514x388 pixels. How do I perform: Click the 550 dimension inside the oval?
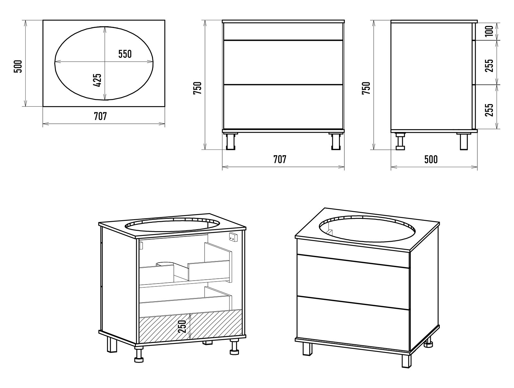pos(125,54)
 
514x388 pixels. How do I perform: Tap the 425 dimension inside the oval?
pos(98,80)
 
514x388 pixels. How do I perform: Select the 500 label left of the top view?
pos(18,66)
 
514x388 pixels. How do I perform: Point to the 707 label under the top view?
pos(101,116)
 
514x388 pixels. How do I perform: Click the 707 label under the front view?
pos(280,159)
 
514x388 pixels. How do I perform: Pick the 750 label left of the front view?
pos(197,88)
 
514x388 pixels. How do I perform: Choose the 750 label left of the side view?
pos(366,88)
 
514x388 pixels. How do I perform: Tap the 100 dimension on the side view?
pos(489,31)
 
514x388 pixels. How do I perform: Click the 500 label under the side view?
pos(431,159)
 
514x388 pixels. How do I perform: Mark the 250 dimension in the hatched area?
pos(182,326)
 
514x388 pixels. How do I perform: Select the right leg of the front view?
pos(336,141)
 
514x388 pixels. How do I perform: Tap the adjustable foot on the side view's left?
pos(400,141)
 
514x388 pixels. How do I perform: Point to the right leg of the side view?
pos(464,141)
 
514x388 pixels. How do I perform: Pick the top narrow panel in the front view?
pos(283,32)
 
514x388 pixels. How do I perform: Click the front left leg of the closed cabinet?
pos(307,349)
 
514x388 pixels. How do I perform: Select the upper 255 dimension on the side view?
pos(489,66)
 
